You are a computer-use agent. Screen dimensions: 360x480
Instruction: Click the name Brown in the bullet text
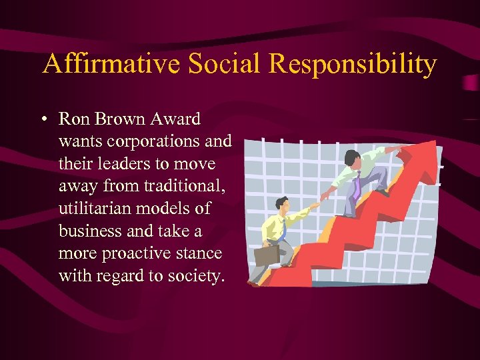point(127,119)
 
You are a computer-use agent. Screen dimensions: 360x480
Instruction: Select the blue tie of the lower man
point(283,230)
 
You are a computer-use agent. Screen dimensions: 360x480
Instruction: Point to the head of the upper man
point(351,159)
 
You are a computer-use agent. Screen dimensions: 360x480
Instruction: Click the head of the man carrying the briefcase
point(281,204)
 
